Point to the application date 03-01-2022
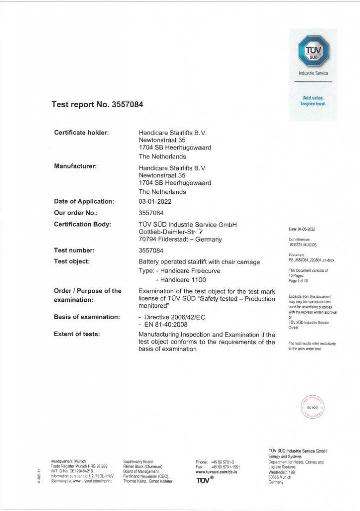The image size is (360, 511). pyautogui.click(x=154, y=201)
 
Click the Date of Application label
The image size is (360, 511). pyautogui.click(x=84, y=201)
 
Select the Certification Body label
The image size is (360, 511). pyautogui.click(x=82, y=224)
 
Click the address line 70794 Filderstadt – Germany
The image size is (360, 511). pyautogui.click(x=180, y=239)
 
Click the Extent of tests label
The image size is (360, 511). pyautogui.click(x=77, y=334)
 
